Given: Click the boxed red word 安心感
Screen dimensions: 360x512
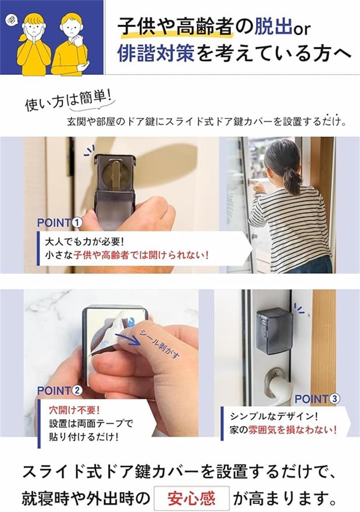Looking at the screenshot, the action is (x=191, y=498).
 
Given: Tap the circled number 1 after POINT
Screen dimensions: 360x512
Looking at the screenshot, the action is (x=77, y=223).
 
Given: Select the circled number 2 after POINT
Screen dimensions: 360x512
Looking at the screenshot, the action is (x=77, y=390).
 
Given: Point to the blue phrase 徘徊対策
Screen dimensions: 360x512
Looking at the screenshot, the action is (x=156, y=53).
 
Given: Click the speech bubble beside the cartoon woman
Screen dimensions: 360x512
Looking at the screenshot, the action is (x=11, y=20).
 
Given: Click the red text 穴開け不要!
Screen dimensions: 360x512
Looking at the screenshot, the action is (x=74, y=410).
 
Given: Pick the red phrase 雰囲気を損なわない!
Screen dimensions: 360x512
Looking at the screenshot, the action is (x=293, y=430).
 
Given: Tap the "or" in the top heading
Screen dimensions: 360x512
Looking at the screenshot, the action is (x=301, y=29).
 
